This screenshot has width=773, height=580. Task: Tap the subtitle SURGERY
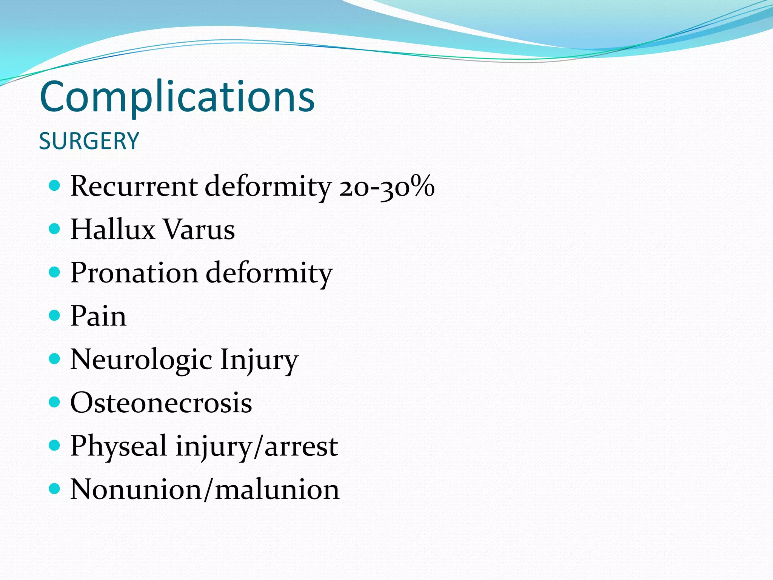coord(89,141)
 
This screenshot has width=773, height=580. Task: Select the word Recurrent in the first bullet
coord(134,186)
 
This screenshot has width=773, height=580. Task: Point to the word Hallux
coord(113,229)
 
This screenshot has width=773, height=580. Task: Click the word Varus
coord(199,230)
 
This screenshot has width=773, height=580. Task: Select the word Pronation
coord(134,273)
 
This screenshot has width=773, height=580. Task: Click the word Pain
coord(98,316)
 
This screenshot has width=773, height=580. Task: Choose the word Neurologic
coord(141,360)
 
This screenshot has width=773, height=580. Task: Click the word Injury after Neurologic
coord(259,360)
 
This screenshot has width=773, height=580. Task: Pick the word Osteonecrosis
coord(161,403)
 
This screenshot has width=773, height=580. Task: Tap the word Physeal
coord(119,446)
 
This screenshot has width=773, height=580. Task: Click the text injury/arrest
coord(257,446)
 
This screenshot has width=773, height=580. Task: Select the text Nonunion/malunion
coord(205,489)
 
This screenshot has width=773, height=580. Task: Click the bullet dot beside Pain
coord(55,315)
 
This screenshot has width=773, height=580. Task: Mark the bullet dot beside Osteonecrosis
coord(55,402)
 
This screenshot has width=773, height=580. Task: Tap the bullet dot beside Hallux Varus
coord(55,228)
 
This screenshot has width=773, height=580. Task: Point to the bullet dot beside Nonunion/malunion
coord(55,489)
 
